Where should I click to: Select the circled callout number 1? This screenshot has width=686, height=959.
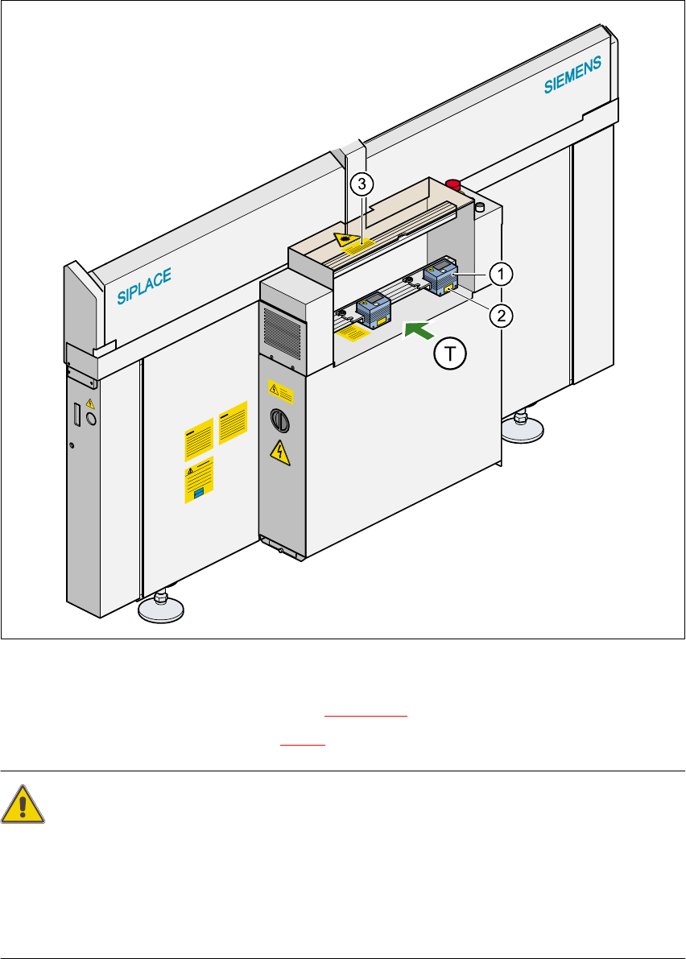tap(500, 275)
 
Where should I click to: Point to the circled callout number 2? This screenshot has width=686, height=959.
tap(500, 314)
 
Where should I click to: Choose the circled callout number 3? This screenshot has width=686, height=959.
tap(362, 184)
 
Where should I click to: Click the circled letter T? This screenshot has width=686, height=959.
tap(453, 352)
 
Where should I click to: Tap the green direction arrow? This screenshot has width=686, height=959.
tap(417, 330)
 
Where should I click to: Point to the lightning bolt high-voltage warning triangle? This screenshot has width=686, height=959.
tap(279, 453)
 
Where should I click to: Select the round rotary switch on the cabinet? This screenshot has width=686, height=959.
tap(279, 420)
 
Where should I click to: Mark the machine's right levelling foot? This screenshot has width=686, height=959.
tap(525, 428)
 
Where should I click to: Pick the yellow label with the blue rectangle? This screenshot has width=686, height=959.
tap(198, 482)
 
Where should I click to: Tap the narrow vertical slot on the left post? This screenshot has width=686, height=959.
tap(77, 415)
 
